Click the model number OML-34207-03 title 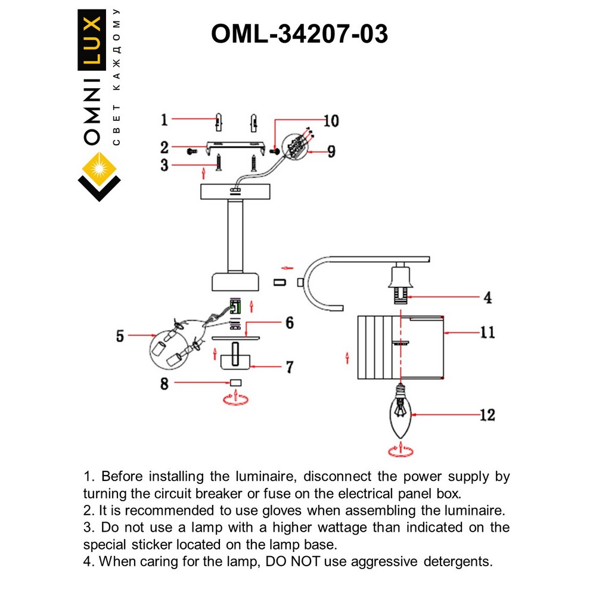299,35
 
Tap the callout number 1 164,120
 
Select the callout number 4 487,297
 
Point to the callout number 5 120,337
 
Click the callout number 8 164,384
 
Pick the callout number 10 331,121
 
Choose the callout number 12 487,415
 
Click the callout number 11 487,333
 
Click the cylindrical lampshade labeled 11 401,347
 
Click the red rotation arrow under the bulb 400,450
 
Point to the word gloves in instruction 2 330,510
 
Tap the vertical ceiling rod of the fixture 235,237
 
